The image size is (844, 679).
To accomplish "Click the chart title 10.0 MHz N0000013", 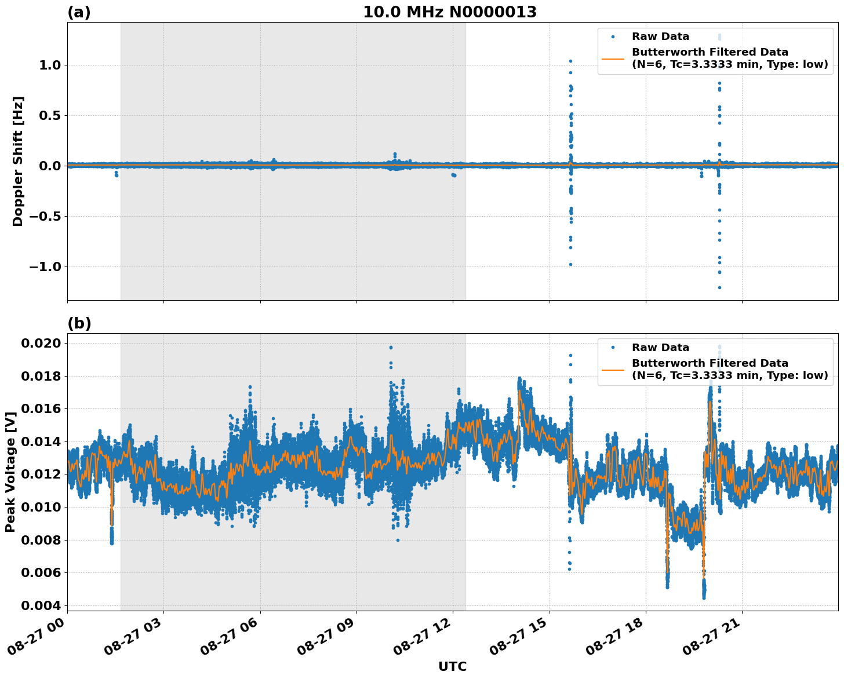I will point(450,12).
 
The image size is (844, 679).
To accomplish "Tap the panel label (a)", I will point(79,12).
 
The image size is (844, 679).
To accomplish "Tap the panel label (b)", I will point(79,323).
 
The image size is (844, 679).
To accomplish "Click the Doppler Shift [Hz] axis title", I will point(18,161).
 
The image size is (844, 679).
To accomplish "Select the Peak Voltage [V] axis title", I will point(10,472).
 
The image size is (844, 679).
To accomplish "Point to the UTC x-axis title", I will point(452,666).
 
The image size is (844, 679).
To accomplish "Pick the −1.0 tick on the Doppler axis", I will point(45,267).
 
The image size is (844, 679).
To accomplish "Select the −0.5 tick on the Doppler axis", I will point(45,216).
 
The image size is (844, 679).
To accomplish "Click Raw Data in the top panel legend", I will point(660,36).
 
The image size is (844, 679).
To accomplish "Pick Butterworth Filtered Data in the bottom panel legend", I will point(710,363).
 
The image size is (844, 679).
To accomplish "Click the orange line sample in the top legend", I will point(613,58).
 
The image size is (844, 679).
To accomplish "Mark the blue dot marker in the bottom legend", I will point(613,348).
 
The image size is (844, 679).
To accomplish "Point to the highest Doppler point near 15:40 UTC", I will point(570,61).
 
